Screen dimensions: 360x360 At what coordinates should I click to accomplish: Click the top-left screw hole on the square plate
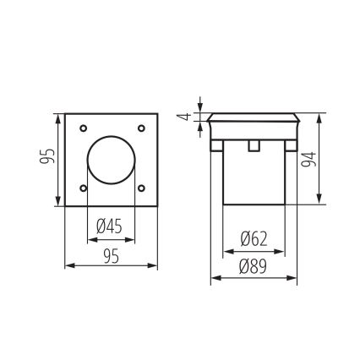pyautogui.click(x=82, y=128)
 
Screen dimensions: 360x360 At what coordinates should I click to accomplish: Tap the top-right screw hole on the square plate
pyautogui.click(x=140, y=128)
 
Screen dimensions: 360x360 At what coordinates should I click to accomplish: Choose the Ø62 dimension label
pyautogui.click(x=254, y=239)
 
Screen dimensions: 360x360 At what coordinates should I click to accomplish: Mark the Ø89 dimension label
pyautogui.click(x=254, y=267)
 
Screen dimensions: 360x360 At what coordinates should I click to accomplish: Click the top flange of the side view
pyautogui.click(x=252, y=117)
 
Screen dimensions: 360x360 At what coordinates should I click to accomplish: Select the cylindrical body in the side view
pyautogui.click(x=252, y=177)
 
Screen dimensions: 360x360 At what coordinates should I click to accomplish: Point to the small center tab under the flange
pyautogui.click(x=252, y=146)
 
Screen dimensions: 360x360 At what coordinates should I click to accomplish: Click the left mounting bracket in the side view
pyautogui.click(x=215, y=146)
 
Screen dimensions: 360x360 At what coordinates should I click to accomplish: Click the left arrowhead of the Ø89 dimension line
pyautogui.click(x=214, y=278)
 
